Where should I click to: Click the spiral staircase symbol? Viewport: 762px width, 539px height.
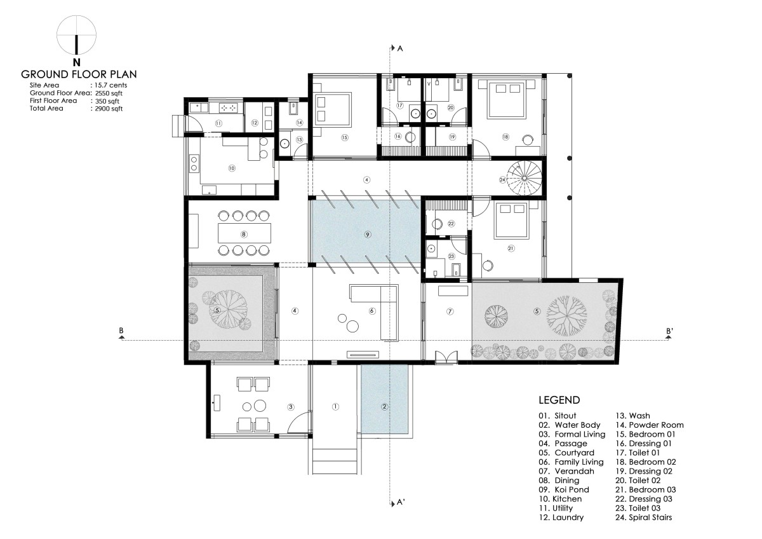pos(525,178)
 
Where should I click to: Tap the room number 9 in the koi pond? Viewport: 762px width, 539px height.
pos(367,235)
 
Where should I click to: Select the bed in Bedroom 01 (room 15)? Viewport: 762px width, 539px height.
pos(332,108)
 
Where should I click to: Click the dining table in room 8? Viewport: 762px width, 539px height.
pos(244,233)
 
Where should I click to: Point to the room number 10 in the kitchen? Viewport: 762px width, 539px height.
pos(232,168)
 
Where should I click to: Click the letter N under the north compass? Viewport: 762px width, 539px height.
pos(77,62)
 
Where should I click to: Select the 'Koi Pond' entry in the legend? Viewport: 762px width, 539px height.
pos(564,489)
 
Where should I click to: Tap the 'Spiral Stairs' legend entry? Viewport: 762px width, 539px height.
pos(644,517)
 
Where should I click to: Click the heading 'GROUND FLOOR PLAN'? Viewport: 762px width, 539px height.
pos(79,74)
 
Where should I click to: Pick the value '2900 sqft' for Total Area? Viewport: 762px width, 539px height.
pos(109,109)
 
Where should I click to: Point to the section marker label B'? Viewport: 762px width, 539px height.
pos(669,331)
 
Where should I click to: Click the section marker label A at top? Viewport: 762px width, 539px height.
pos(400,49)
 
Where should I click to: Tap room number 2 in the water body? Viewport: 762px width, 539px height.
pos(384,407)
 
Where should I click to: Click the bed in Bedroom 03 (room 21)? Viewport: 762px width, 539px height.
pos(512,220)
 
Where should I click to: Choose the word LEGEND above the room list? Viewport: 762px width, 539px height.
pos(559,400)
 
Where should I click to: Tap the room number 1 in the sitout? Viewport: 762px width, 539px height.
pos(335,407)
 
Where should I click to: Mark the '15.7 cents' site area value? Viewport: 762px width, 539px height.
pos(110,85)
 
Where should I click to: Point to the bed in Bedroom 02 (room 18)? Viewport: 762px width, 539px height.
pos(505,99)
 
